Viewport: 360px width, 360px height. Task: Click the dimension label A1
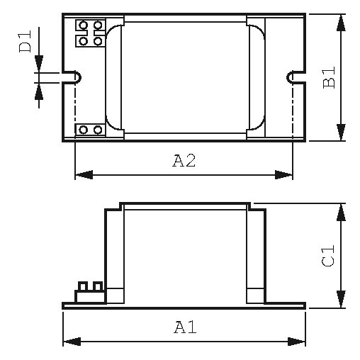185,327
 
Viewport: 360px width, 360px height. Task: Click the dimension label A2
184,161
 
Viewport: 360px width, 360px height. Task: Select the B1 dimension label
329,77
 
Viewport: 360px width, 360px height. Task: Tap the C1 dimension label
328,256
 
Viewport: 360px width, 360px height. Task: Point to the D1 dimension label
25,41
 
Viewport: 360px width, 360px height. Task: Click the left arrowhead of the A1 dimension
72,342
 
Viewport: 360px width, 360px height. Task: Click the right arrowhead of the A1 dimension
296,342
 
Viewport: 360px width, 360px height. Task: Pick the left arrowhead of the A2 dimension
84,175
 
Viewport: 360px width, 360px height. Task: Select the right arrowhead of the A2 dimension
283,175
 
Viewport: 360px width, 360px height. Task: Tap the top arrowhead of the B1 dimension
341,23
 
